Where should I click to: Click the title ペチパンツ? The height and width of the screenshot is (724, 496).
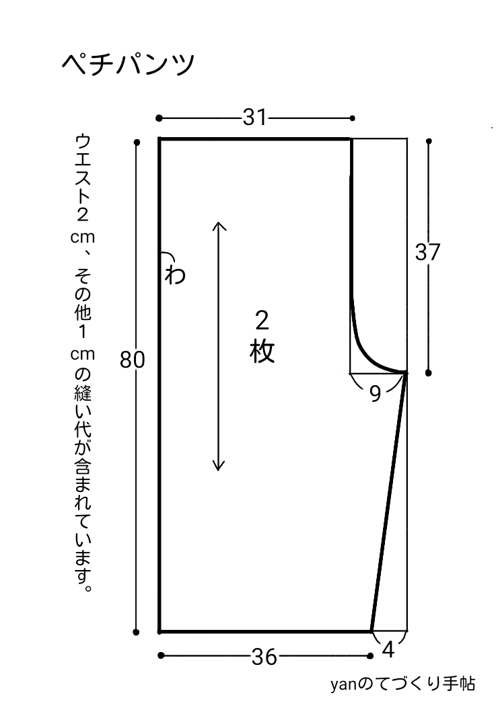128,65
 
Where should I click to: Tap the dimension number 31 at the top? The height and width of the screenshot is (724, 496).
254,118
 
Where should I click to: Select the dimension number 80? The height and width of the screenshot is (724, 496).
133,360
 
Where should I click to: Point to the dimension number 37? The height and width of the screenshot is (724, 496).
427,253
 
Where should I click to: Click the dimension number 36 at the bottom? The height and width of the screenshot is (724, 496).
264,657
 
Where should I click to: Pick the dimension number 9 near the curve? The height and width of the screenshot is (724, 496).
375,394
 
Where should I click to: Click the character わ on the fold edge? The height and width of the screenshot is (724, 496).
174,274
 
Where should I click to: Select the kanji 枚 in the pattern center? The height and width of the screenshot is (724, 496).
262,351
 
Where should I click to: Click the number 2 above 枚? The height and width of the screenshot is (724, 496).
262,320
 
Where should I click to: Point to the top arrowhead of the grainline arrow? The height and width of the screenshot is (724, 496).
218,224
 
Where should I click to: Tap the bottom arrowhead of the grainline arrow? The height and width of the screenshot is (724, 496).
218,467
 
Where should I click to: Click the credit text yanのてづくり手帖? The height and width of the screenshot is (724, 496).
402,684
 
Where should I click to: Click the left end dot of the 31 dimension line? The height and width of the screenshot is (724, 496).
159,118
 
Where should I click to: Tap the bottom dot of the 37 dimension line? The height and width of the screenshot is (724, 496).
429,372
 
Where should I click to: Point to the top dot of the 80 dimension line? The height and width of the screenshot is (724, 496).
137,142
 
